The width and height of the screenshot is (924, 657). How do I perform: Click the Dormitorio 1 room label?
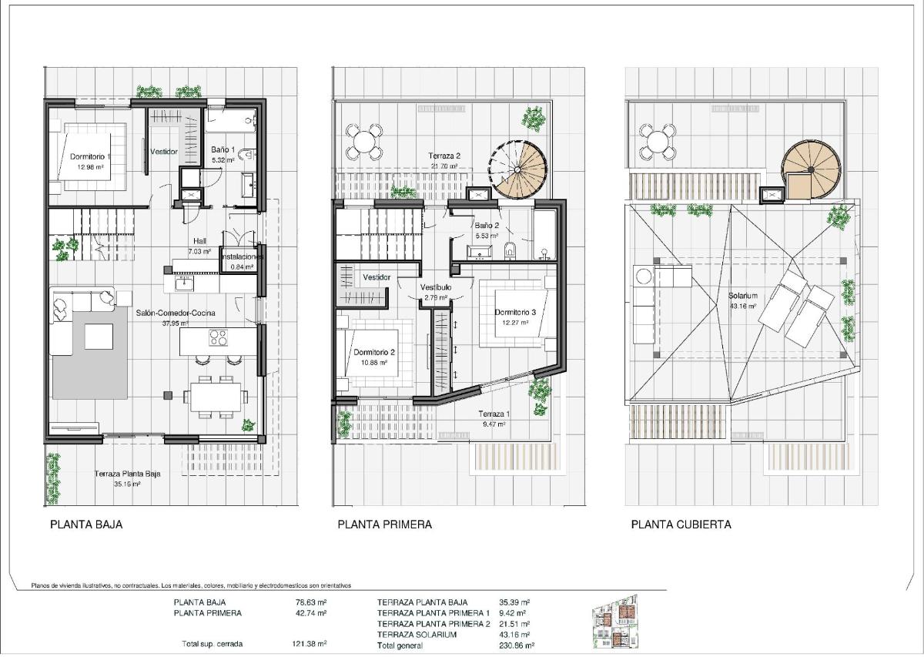[x=91, y=156]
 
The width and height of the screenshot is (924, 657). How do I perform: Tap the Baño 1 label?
[x=223, y=150]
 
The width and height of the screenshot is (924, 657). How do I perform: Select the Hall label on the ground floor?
[x=200, y=240]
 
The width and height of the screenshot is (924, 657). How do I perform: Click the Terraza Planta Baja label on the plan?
[x=127, y=474]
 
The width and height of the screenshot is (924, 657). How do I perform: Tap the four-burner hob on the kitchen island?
[x=218, y=337]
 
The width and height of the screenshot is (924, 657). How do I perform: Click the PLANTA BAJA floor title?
[x=86, y=525]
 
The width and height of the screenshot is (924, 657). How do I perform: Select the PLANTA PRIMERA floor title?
[x=384, y=525]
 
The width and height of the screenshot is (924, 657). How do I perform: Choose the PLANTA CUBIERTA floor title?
[x=681, y=525]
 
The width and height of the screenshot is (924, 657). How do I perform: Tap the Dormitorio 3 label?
[x=514, y=313]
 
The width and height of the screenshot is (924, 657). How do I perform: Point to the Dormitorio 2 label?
[x=374, y=352]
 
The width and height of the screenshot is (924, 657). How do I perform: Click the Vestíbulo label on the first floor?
[x=436, y=287]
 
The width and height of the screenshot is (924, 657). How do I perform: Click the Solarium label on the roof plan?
[x=743, y=296]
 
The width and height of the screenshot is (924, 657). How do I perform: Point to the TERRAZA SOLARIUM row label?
[x=417, y=635]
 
